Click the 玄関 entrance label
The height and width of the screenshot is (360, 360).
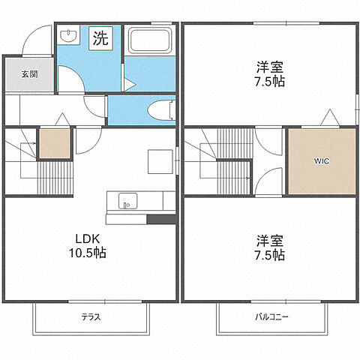coord(28,74)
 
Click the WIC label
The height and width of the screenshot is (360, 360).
coord(321,160)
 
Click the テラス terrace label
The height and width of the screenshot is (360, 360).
coord(91,317)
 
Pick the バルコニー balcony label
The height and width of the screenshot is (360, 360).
coord(271,317)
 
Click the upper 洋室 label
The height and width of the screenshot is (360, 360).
coord(268,66)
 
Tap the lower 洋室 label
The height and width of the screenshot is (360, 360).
coord(268,241)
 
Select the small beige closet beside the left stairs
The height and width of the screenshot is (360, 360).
coord(53,143)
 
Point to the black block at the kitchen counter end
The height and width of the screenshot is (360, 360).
coord(160,219)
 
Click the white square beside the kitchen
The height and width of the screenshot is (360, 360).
coord(159,160)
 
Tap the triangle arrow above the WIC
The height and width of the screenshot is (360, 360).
coord(328,118)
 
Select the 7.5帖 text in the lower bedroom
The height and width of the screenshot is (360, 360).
coord(268,256)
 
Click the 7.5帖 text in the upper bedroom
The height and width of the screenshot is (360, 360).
coord(268,80)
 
